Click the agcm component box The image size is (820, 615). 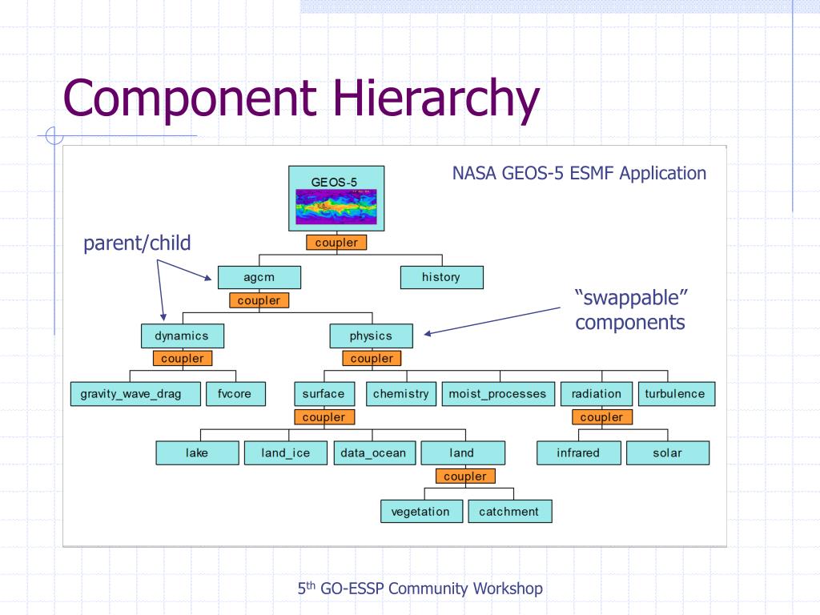pos(259,277)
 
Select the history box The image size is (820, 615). pos(441,277)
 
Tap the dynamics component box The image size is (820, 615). pos(182,336)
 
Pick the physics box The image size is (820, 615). pos(371,336)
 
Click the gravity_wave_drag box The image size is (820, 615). pos(131,394)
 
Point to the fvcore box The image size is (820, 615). pos(235,394)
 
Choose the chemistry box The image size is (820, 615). pos(400,394)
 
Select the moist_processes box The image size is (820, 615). pos(497,394)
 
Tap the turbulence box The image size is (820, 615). pos(675,394)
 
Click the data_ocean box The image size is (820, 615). pos(373,453)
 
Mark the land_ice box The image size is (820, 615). pos(286,453)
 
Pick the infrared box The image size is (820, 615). pos(578,453)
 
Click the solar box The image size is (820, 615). pos(667,453)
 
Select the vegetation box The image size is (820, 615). pos(420,512)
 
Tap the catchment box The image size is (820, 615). pos(509,512)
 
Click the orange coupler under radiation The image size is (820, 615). pos(601,417)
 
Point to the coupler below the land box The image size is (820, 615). pos(465,476)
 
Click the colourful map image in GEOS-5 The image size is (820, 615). pos(336,207)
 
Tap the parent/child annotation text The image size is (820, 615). pos(138,243)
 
